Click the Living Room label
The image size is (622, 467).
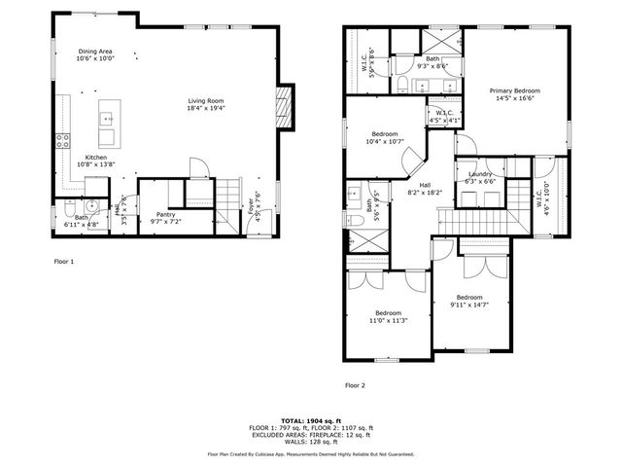point(207,104)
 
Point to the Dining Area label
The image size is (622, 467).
point(96,54)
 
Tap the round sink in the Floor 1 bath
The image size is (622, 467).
point(90,206)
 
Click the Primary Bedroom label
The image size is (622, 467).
point(515,94)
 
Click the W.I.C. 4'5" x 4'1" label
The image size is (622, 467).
point(443,115)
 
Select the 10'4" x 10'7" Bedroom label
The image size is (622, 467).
point(384,138)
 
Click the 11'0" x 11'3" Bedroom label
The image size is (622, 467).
point(387,317)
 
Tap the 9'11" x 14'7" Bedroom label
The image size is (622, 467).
point(470,301)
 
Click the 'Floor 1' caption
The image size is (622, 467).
point(64,262)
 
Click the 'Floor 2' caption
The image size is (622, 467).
point(355,385)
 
